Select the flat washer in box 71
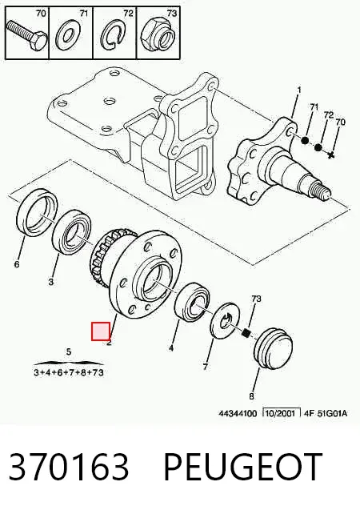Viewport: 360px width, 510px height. coord(68,35)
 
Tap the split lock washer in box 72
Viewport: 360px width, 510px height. coord(112,35)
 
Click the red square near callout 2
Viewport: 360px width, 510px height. coord(101,331)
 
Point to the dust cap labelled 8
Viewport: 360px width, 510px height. coord(273,347)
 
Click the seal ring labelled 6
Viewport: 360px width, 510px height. coord(37,213)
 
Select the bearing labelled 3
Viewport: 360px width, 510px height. coord(72,232)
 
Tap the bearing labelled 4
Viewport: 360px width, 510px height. coord(192,301)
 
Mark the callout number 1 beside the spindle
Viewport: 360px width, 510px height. coord(299,90)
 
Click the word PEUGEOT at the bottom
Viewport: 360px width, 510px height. coord(242,466)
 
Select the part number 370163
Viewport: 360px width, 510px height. coord(69,466)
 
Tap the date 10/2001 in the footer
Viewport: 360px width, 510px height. coord(281,413)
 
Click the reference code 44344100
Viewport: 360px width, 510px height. coord(238,413)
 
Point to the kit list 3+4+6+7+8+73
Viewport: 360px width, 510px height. coord(69,372)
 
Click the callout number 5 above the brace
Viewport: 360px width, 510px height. coord(69,351)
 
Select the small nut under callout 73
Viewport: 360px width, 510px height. coord(247,332)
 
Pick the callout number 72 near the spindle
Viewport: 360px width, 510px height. coord(329,114)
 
